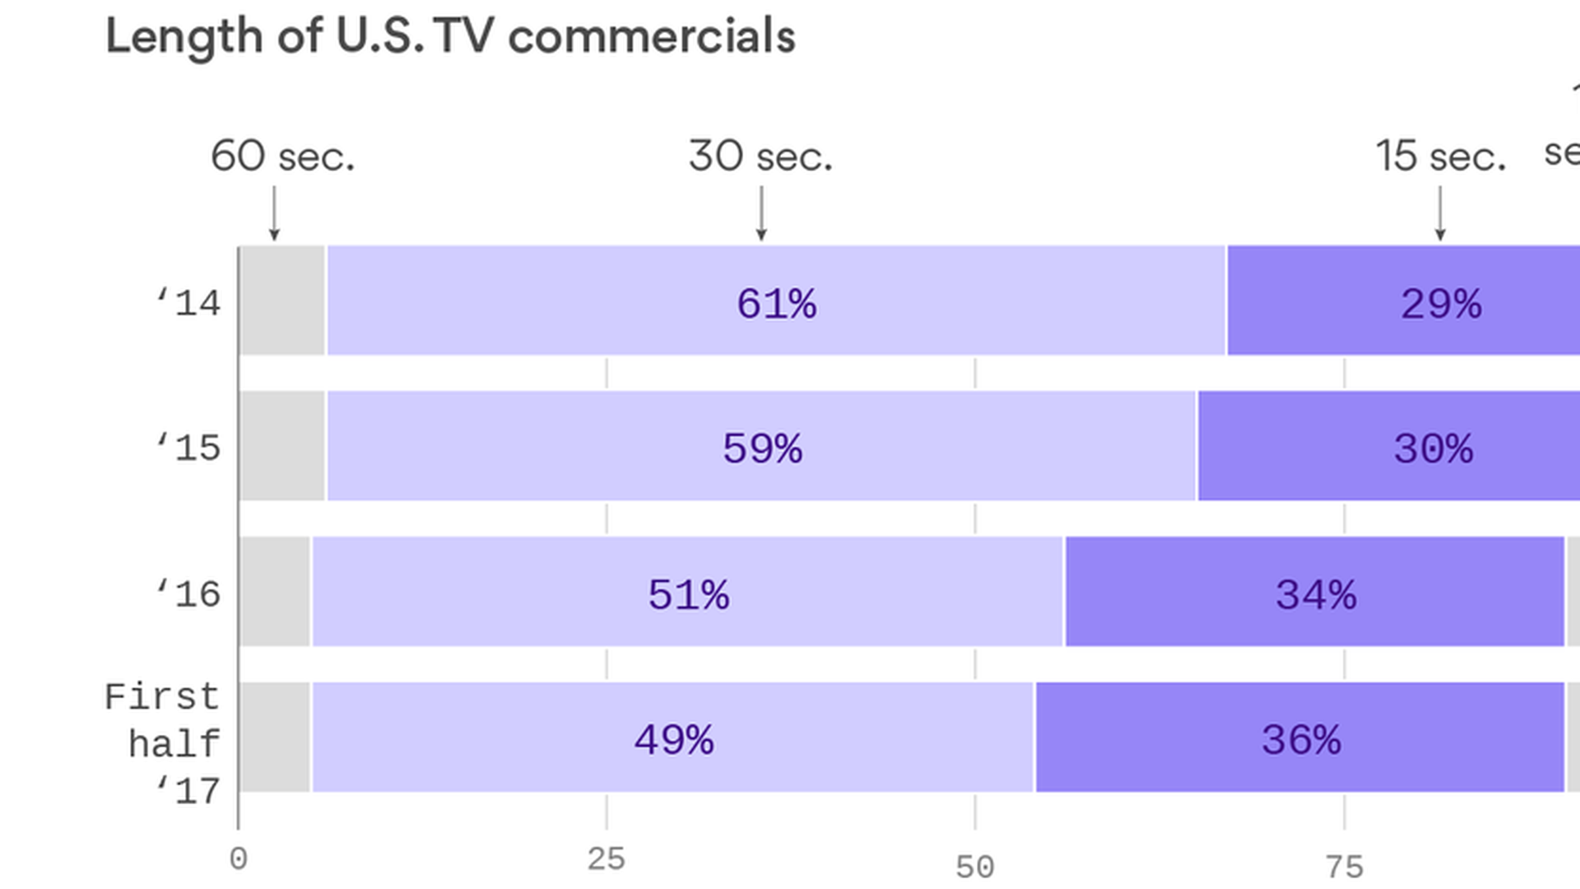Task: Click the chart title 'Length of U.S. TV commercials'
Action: point(450,37)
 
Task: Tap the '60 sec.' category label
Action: point(282,156)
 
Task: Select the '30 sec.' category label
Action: point(760,156)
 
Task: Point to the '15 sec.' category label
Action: point(1440,156)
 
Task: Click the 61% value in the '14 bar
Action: point(776,304)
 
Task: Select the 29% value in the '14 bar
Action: point(1441,304)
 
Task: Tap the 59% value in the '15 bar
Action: point(762,449)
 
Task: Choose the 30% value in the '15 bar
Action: point(1433,449)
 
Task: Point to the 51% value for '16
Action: point(688,594)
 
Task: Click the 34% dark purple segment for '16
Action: point(1315,594)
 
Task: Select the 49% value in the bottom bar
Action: point(673,739)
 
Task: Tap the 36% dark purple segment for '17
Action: point(1300,739)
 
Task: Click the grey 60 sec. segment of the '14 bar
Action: point(282,300)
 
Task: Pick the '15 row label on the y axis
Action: point(188,448)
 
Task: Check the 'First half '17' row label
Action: point(163,743)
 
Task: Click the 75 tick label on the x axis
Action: point(1345,867)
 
